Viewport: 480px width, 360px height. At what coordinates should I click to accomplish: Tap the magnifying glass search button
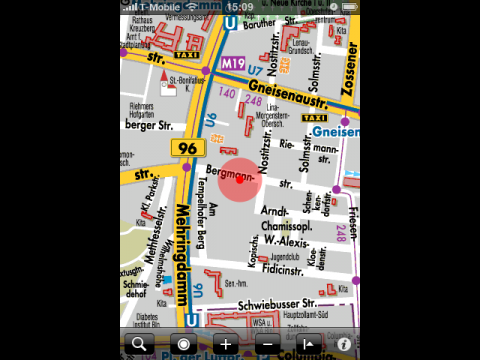(x=137, y=344)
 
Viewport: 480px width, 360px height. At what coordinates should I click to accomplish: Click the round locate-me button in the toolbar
(x=183, y=344)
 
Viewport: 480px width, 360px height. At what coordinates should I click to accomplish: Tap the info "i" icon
(x=344, y=344)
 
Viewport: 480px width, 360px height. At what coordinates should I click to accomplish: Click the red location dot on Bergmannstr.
(x=239, y=179)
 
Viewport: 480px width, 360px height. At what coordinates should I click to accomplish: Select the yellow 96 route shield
(x=185, y=148)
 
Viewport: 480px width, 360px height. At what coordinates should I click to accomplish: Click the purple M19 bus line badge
(x=234, y=63)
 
